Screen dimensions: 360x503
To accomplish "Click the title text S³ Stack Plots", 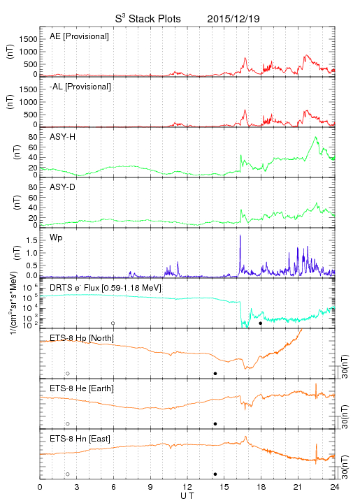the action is click(148, 19).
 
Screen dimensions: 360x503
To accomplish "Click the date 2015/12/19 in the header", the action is click(233, 19).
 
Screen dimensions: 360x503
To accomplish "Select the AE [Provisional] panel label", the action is click(79, 36).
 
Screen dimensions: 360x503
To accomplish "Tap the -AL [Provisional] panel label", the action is click(80, 87).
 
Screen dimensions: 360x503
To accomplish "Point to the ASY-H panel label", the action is click(63, 137).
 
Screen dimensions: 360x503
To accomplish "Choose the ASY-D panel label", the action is click(62, 187).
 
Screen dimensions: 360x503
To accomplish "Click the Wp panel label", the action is click(56, 238).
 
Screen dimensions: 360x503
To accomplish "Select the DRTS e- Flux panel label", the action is click(106, 288).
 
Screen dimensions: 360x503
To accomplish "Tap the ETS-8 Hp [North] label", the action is click(82, 338).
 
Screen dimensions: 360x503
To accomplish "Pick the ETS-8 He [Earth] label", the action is click(82, 388).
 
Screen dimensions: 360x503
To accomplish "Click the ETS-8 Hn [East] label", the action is click(80, 439).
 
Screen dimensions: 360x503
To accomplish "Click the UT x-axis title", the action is click(187, 495).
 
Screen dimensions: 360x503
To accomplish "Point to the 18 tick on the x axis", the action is click(261, 487).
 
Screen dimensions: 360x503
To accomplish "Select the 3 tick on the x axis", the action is click(76, 487).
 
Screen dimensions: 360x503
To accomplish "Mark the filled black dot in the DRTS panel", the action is click(261, 323).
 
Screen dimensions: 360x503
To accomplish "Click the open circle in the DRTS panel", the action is click(113, 323).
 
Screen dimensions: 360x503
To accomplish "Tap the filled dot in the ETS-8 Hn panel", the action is click(215, 474).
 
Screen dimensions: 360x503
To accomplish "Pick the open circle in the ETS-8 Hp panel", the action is click(68, 373).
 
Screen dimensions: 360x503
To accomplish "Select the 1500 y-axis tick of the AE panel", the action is click(29, 39).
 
